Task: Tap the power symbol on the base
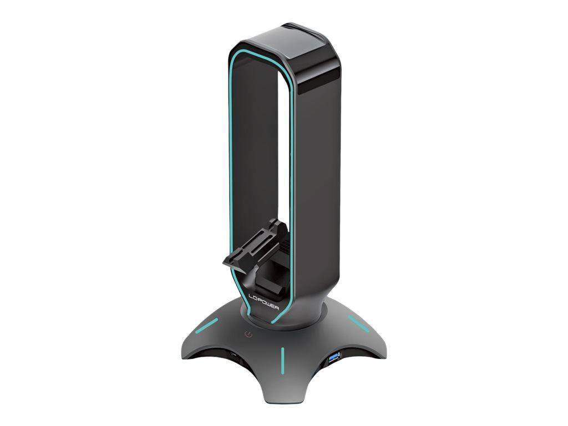pyautogui.click(x=250, y=335)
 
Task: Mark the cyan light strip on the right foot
pyautogui.click(x=358, y=323)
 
